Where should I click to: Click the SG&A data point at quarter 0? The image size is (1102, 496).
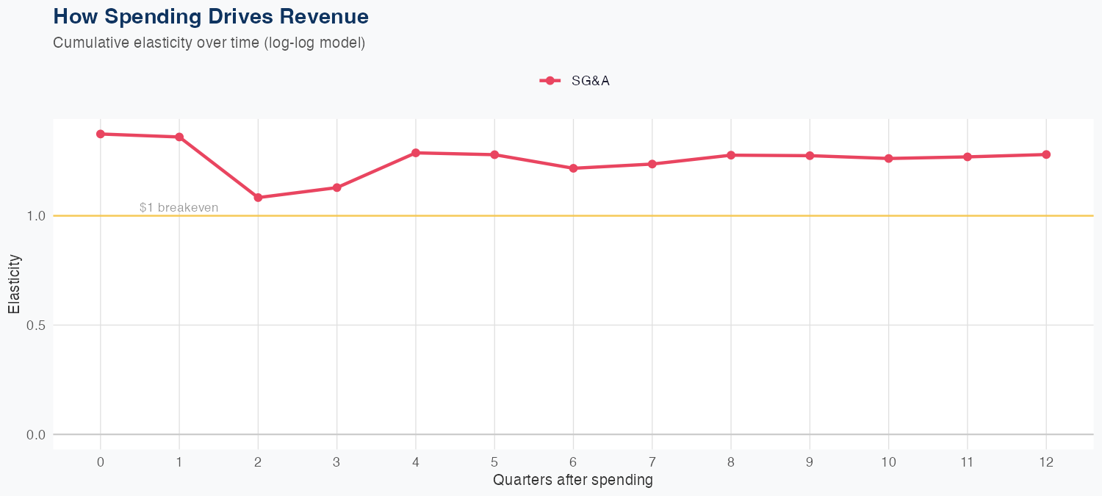[101, 134]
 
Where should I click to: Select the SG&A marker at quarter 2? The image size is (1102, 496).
[258, 198]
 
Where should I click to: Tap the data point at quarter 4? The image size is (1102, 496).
[416, 153]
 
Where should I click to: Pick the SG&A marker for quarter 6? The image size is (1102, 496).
[573, 168]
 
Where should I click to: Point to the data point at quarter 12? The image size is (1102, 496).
[1046, 154]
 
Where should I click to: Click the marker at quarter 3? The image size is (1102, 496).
[336, 187]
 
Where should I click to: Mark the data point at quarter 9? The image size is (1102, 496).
[810, 156]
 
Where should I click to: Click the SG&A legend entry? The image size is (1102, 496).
[575, 81]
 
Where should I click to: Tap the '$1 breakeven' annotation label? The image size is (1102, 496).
[179, 208]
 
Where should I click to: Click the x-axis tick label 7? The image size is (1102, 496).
[652, 462]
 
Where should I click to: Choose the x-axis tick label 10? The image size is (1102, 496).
[888, 462]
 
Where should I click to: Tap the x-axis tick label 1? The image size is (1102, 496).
[179, 462]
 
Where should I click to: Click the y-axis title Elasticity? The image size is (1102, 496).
[15, 284]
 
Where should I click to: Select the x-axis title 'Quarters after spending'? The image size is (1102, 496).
[573, 481]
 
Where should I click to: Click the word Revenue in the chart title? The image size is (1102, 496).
[327, 16]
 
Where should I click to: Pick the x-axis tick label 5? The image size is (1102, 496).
[494, 462]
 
